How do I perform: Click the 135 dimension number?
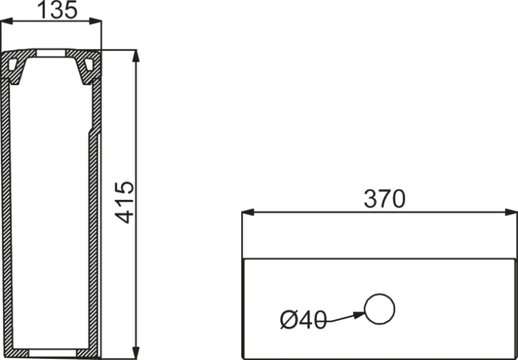point(58,10)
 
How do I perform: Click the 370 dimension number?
point(384,199)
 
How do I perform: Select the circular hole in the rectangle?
point(381,310)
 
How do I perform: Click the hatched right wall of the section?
point(94,240)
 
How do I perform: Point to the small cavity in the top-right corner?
point(89,62)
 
